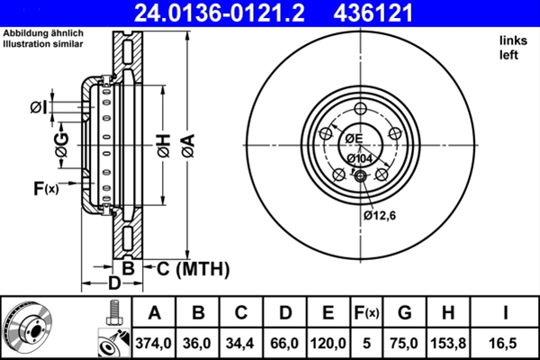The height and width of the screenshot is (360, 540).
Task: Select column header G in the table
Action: tap(405, 313)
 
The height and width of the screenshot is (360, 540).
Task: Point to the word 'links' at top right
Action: tap(513, 41)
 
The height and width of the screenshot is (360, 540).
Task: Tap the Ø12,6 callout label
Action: tap(381, 215)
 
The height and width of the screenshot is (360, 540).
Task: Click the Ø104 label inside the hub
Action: tap(360, 158)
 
